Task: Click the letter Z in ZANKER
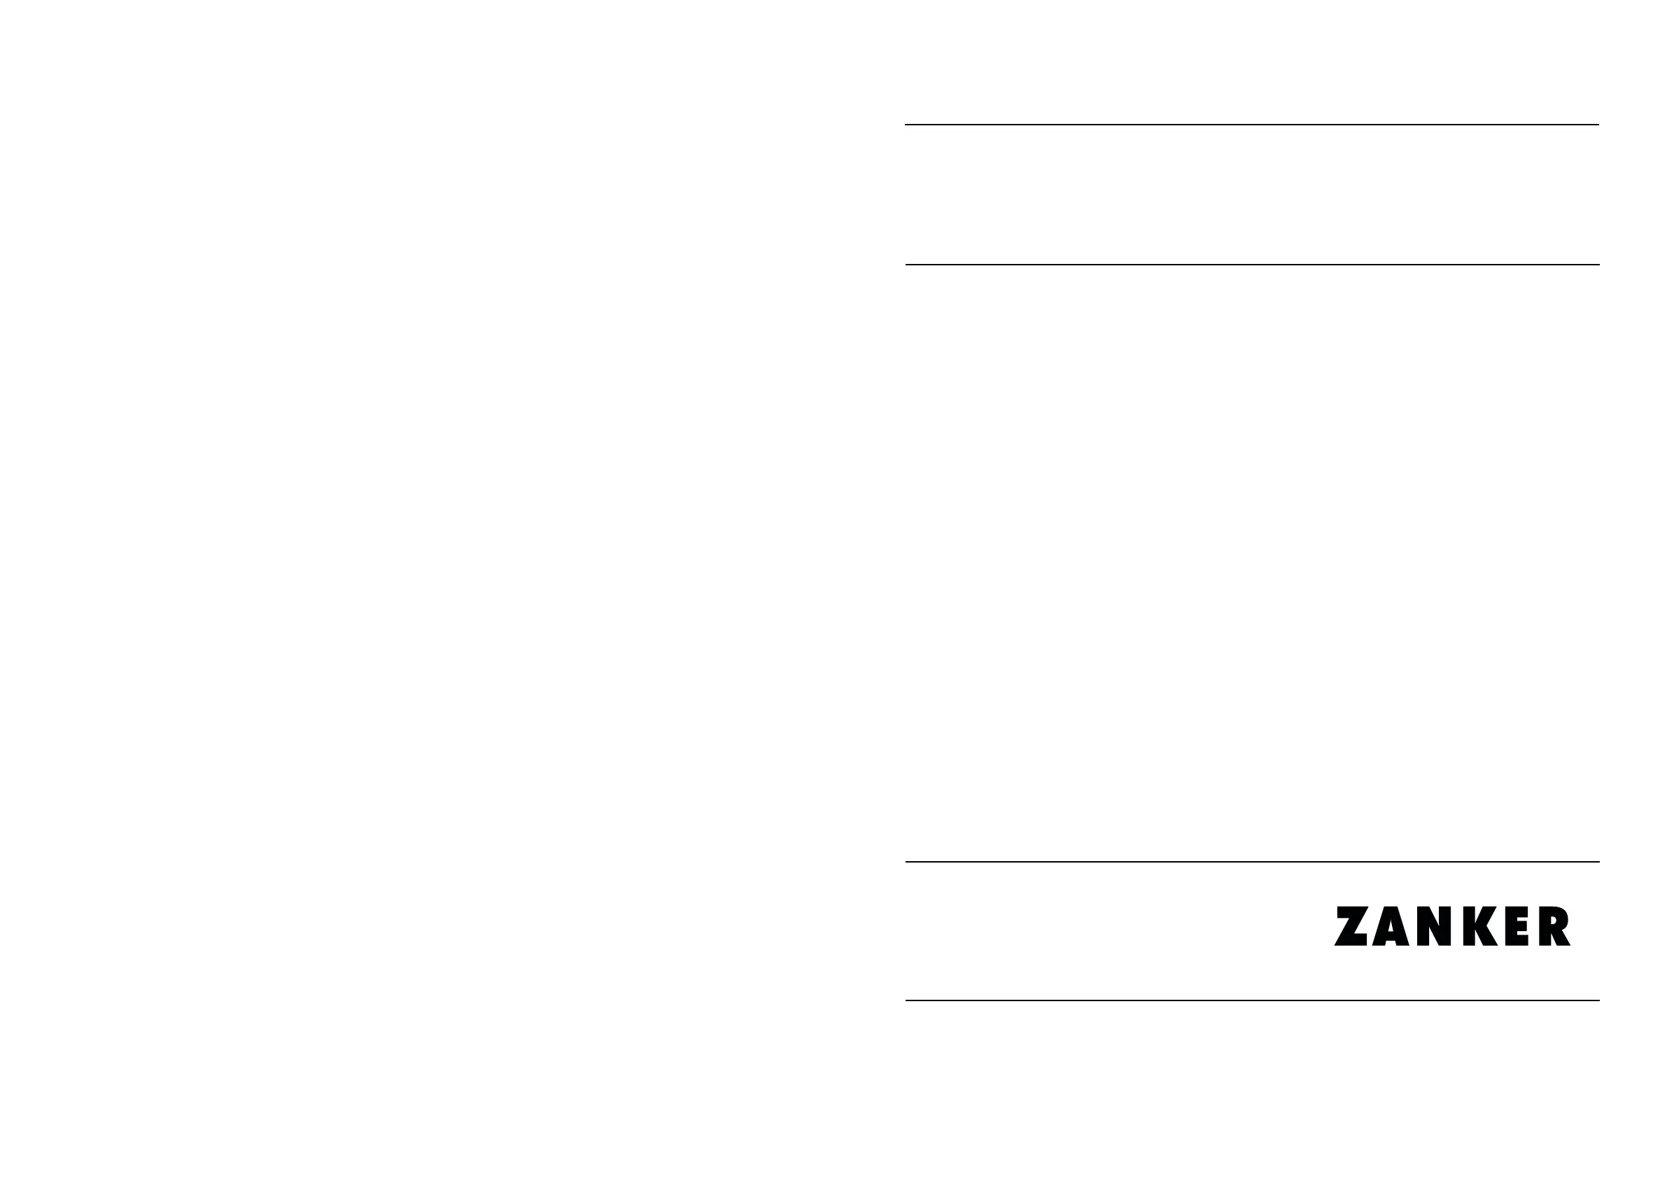(1351, 926)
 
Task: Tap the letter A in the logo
(1391, 927)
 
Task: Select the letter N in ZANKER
(1433, 926)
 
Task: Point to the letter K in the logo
(1478, 926)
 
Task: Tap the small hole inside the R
(1553, 920)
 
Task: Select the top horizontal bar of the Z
(1352, 911)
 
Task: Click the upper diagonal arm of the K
(1489, 915)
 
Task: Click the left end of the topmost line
(906, 125)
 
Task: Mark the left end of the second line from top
(907, 265)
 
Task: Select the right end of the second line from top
(1598, 265)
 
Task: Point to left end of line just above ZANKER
(907, 862)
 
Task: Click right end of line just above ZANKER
(1598, 862)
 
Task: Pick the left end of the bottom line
(907, 1000)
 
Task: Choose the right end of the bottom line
(1598, 1000)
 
